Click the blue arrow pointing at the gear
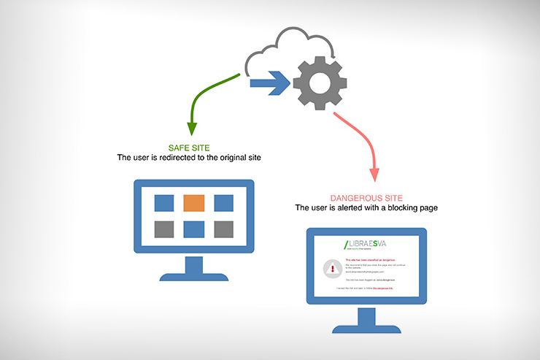[x=271, y=83]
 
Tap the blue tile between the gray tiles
[x=193, y=229]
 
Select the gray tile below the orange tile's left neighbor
[x=164, y=229]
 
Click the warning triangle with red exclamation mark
[x=333, y=269]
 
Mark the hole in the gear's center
[x=320, y=83]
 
